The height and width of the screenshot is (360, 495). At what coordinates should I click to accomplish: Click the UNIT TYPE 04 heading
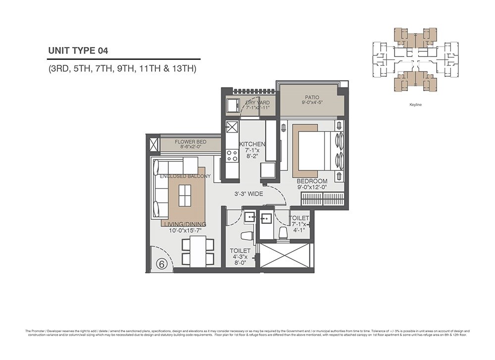pos(78,50)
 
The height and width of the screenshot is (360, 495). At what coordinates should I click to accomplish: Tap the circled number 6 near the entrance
pos(161,264)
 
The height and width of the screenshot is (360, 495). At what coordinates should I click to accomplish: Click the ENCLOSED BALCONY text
pos(185,176)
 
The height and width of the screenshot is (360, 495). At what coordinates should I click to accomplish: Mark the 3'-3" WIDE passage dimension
pos(248,194)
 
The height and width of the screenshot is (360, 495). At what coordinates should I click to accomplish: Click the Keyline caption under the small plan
pos(415,105)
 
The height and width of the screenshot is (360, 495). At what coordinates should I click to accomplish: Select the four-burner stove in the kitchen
pos(232,155)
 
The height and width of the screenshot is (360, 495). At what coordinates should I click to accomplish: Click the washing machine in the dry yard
pos(231,106)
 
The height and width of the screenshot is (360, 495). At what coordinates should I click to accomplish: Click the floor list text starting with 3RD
pos(122,69)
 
